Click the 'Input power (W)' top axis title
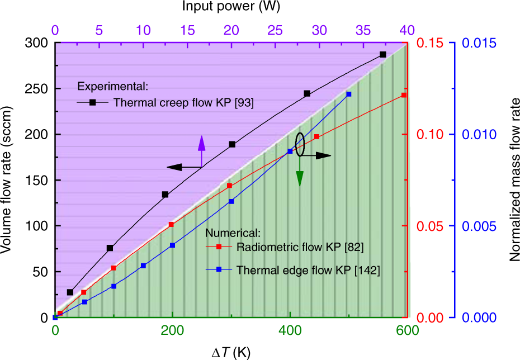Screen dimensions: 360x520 click(231, 7)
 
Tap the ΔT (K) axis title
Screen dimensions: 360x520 click(231, 352)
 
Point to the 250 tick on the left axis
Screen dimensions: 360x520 click(38, 89)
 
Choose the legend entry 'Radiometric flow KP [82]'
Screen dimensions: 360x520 click(301, 246)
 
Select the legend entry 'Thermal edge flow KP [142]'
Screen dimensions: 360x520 click(308, 270)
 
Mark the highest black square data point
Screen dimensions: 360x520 click(383, 55)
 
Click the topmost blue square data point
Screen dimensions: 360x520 click(348, 94)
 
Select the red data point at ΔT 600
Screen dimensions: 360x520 click(404, 96)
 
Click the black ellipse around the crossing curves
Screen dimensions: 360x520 click(300, 144)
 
